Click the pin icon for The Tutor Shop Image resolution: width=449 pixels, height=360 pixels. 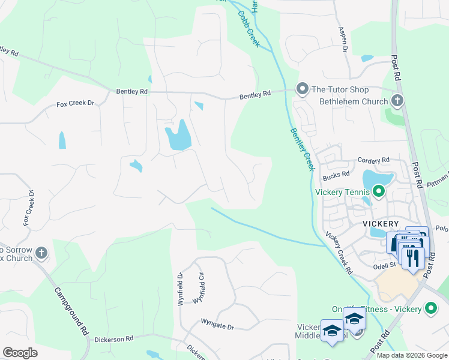pyautogui.click(x=301, y=89)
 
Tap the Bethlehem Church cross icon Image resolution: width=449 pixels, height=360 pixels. pyautogui.click(x=396, y=101)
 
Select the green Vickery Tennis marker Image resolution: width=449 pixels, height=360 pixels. pyautogui.click(x=378, y=192)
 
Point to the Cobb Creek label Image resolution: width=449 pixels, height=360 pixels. pyautogui.click(x=249, y=29)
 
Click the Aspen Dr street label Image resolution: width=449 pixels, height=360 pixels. pyautogui.click(x=343, y=40)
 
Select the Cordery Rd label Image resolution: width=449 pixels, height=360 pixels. pyautogui.click(x=373, y=160)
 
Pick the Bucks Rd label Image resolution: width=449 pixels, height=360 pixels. pyautogui.click(x=336, y=175)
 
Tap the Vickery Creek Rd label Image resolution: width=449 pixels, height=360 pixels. pyautogui.click(x=339, y=253)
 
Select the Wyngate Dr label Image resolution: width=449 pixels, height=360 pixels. pyautogui.click(x=217, y=327)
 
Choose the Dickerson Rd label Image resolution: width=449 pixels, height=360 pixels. pyautogui.click(x=112, y=339)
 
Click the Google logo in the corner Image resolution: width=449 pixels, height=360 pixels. pyautogui.click(x=20, y=352)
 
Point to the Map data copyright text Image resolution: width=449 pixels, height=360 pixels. pyautogui.click(x=411, y=355)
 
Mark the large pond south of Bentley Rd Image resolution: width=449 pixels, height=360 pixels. pyautogui.click(x=178, y=136)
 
